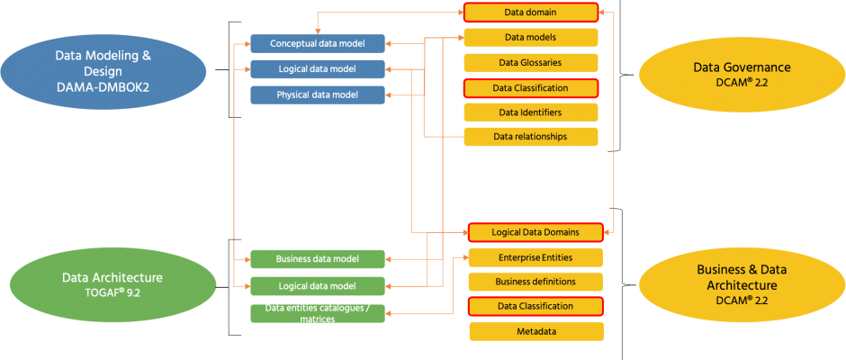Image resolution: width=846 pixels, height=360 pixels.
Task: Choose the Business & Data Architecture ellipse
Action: click(742, 283)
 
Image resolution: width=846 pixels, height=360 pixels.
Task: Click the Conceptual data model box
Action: click(317, 43)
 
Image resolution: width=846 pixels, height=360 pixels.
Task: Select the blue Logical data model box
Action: click(317, 69)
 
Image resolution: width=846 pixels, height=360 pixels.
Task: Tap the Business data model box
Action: click(317, 259)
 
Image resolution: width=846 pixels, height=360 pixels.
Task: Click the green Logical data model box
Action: click(317, 286)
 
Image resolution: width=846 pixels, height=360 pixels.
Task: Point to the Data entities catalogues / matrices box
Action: click(317, 313)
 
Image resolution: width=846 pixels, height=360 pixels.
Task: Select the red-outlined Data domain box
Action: click(530, 13)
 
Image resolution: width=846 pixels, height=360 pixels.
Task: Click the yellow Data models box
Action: click(530, 38)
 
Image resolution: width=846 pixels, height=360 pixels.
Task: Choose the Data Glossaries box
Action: click(530, 63)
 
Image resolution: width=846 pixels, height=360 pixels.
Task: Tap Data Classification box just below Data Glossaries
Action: click(530, 88)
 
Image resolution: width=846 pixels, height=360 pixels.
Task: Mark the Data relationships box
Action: click(530, 137)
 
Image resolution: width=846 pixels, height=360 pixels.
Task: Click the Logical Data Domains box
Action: click(535, 232)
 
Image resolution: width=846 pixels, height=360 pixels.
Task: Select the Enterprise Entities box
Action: click(535, 257)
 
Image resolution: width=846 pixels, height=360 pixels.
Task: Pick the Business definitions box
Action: click(535, 282)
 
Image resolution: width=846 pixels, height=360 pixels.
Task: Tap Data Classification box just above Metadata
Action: click(535, 306)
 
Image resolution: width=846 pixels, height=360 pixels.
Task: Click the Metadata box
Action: click(535, 331)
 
